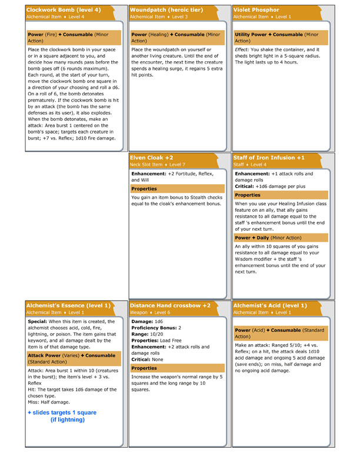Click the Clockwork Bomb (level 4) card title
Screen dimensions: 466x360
point(64,10)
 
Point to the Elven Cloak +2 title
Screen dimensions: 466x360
point(152,158)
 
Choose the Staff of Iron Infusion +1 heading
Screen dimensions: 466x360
point(269,158)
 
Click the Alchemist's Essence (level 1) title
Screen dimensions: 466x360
point(68,305)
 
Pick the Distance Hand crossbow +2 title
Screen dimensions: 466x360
point(170,305)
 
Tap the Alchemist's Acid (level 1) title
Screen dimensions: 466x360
point(270,305)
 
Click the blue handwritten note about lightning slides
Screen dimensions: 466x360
point(62,416)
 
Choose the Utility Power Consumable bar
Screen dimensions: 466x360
point(280,38)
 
